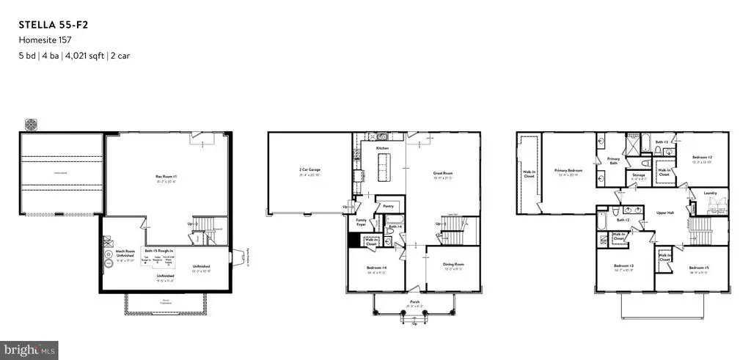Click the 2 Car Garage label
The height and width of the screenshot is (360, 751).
click(309, 170)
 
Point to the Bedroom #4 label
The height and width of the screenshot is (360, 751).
click(377, 268)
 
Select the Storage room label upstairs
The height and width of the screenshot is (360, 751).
click(639, 175)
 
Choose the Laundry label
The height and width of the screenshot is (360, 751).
click(709, 193)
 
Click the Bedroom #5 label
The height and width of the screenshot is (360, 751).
click(698, 268)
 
